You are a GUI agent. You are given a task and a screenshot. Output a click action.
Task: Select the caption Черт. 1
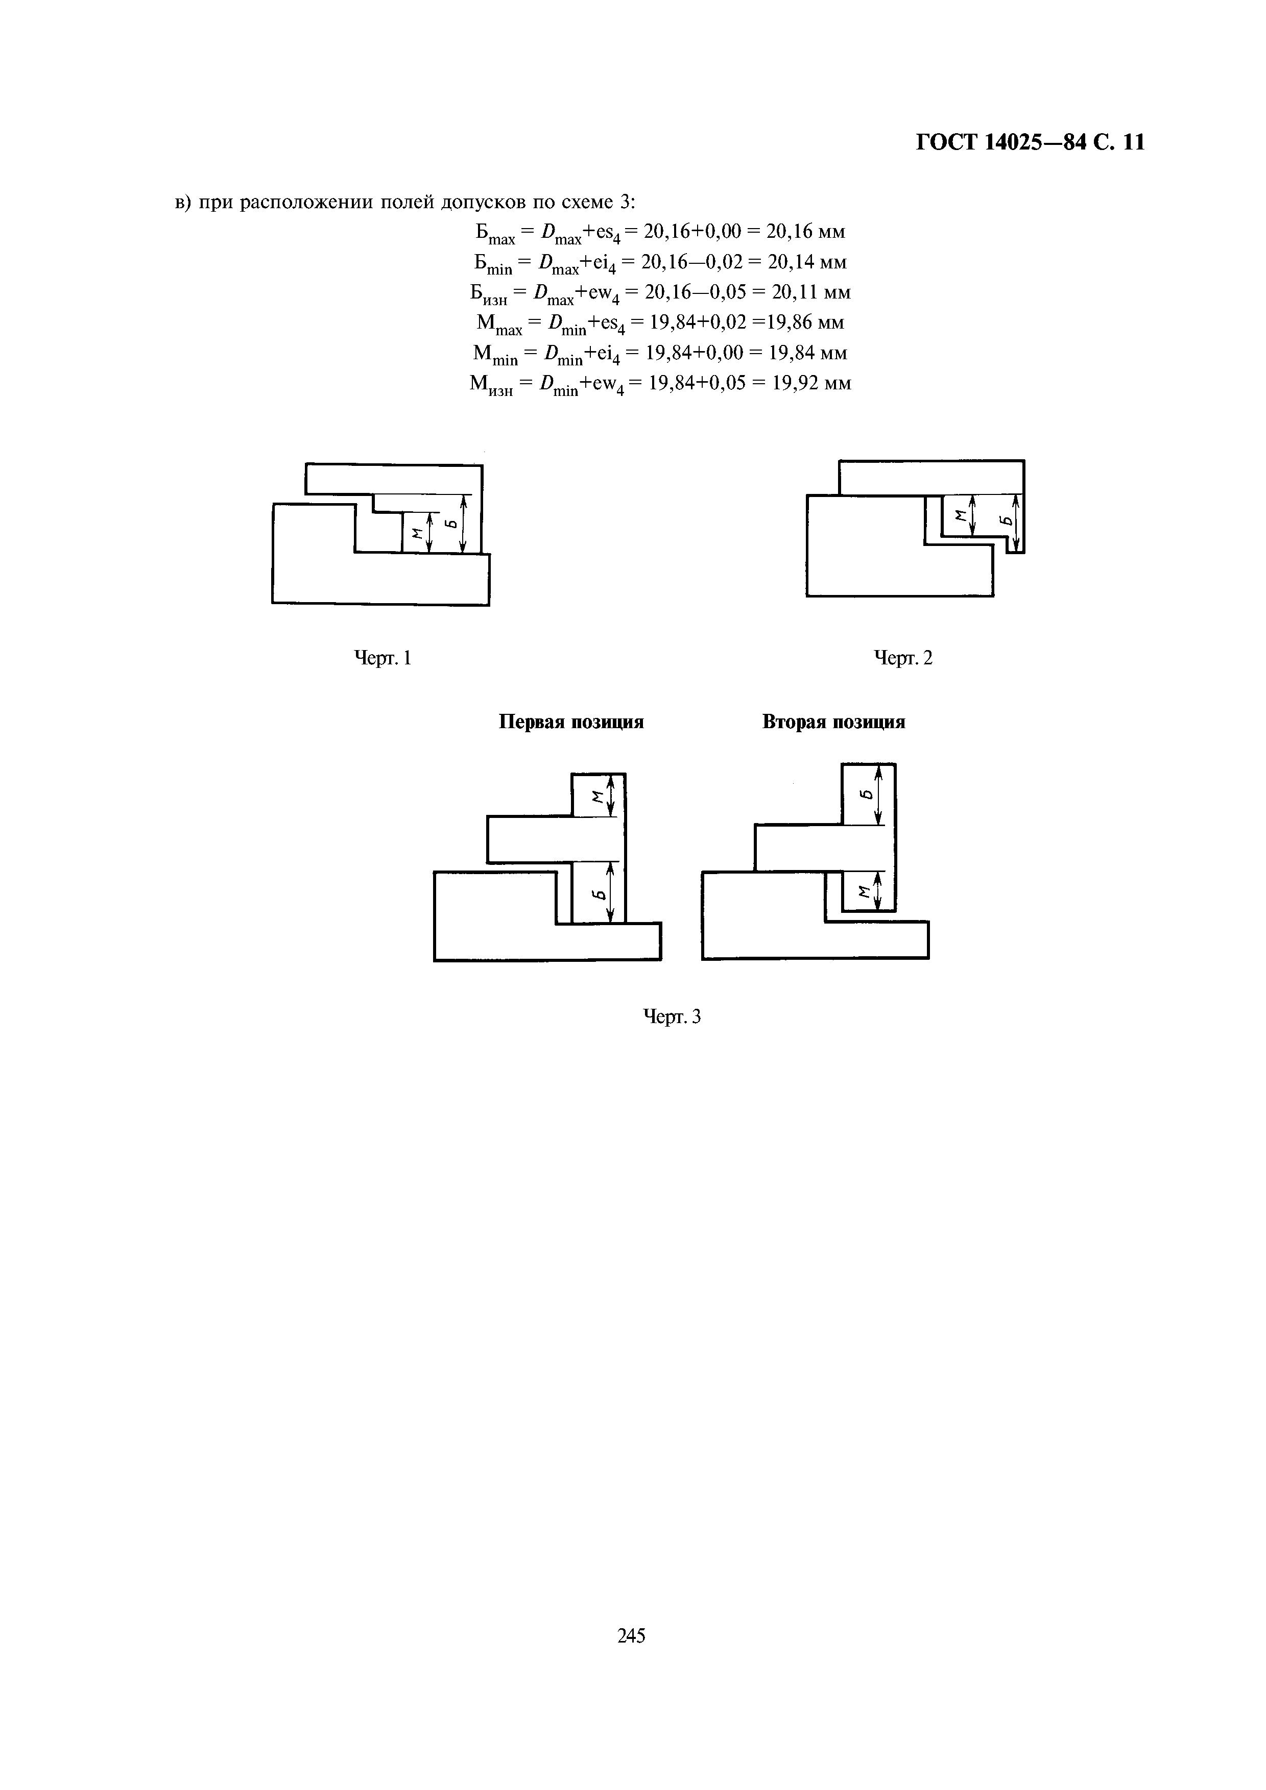pyautogui.click(x=383, y=658)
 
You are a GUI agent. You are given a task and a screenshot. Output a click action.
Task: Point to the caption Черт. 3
pyautogui.click(x=672, y=1016)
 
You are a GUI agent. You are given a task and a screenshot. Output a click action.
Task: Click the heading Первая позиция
pyautogui.click(x=572, y=722)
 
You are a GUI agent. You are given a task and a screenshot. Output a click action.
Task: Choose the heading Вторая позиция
pyautogui.click(x=834, y=722)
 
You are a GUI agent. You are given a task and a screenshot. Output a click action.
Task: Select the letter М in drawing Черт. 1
pyautogui.click(x=417, y=533)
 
